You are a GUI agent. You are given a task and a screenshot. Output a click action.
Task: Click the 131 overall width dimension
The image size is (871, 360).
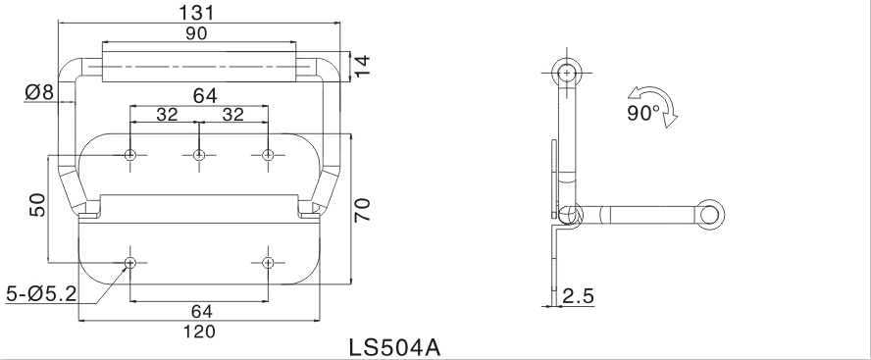click(x=196, y=12)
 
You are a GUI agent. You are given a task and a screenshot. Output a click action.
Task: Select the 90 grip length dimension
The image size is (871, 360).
click(x=196, y=33)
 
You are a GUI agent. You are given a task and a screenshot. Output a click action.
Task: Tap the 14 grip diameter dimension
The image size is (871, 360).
click(x=362, y=67)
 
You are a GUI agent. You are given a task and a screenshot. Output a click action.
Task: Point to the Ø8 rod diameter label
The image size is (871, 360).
click(x=39, y=92)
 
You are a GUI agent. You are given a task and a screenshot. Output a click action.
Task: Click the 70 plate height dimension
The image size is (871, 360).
click(x=362, y=210)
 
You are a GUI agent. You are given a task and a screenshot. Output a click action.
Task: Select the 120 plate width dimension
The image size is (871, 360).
click(x=199, y=332)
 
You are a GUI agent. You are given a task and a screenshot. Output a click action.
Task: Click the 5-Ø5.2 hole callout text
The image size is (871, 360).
click(x=41, y=294)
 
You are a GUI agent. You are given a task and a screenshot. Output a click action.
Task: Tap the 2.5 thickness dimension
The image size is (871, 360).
click(x=579, y=296)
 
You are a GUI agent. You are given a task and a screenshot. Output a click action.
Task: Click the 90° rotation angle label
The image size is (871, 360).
click(x=643, y=113)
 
